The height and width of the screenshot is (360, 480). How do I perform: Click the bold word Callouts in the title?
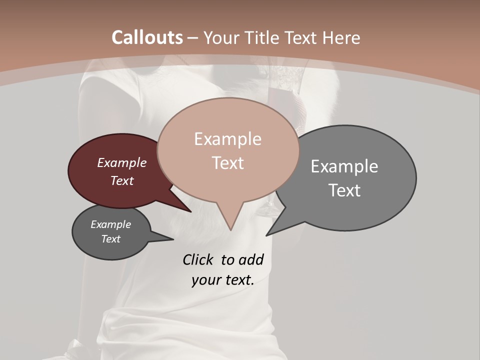147,37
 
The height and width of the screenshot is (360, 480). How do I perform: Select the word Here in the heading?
342,37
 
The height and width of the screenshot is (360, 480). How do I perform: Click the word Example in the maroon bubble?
122,162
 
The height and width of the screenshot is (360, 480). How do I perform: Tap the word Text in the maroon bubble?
122,180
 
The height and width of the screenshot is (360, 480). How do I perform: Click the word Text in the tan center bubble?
227,162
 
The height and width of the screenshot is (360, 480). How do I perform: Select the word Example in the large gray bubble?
344,166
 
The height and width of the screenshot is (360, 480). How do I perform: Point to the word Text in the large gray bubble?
344,190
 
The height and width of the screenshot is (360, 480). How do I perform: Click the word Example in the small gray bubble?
110,224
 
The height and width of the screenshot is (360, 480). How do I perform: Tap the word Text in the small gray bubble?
110,239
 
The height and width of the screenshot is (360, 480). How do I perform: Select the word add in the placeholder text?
251,259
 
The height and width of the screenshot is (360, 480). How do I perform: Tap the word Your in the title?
220,37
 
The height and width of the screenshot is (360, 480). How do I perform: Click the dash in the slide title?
193,37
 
